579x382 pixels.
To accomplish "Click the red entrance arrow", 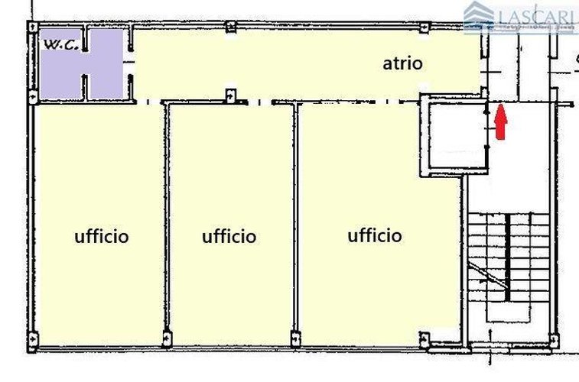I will click(x=500, y=123).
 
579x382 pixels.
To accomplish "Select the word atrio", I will click(x=402, y=63).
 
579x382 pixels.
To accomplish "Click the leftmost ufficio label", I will click(x=102, y=236).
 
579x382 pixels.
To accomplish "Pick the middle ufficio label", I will click(x=229, y=236).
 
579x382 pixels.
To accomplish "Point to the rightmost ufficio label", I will click(x=375, y=235).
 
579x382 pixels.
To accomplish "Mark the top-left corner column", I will click(x=32, y=27).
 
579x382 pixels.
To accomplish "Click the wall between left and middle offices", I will click(x=165, y=222).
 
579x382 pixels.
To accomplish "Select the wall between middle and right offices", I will click(x=295, y=222).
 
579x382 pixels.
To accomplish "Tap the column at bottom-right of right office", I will click(x=424, y=336).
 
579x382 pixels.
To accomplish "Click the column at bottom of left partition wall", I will click(x=165, y=334).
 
